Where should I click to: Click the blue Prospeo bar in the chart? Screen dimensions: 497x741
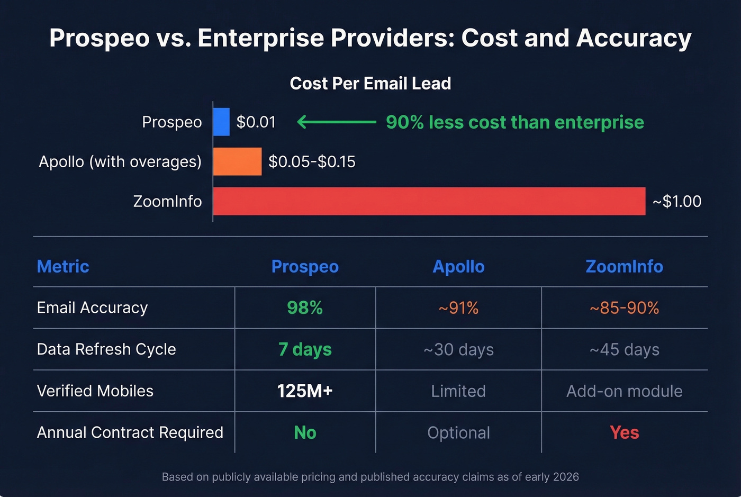click(221, 122)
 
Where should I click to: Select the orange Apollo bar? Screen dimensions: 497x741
click(237, 161)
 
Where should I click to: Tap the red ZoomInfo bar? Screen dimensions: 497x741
click(429, 201)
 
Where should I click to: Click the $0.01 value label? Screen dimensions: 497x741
click(256, 122)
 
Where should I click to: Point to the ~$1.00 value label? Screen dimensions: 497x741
click(677, 202)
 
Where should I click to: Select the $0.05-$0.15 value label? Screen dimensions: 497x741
click(312, 162)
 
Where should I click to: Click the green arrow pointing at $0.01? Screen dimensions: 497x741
click(337, 122)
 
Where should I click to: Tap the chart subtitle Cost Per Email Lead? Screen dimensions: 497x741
click(370, 84)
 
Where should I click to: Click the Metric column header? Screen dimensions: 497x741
click(63, 266)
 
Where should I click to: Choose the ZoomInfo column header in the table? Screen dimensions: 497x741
click(624, 266)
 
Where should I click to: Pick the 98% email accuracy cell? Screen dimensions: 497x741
click(305, 308)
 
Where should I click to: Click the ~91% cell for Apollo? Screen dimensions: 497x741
click(458, 308)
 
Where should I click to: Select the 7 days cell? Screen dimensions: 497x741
click(305, 349)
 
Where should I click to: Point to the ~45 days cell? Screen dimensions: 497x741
click(624, 349)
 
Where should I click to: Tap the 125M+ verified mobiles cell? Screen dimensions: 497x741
click(305, 391)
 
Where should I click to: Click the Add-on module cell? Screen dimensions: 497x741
click(624, 391)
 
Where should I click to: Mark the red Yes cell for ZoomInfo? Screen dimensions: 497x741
click(624, 432)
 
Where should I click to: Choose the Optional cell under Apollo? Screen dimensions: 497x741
click(458, 433)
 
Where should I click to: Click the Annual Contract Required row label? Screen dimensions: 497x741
click(130, 432)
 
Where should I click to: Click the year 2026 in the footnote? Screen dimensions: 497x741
click(565, 477)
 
